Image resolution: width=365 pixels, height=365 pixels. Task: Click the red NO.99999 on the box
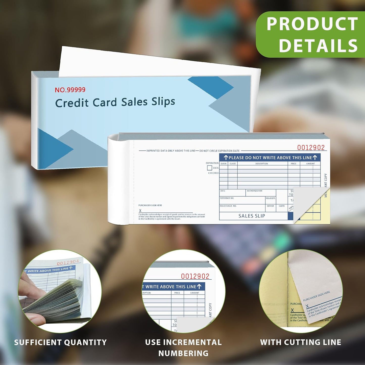[x=70, y=90]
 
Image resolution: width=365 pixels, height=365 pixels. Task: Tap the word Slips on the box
[x=163, y=102]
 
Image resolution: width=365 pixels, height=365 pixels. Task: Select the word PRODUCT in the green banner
[x=312, y=24]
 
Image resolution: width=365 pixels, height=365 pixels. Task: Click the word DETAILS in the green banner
[x=318, y=46]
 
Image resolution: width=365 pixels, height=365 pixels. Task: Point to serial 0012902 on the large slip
[x=311, y=148]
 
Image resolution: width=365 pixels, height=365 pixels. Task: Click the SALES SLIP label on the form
[x=252, y=216]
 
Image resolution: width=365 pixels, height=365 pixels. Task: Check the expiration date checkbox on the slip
[x=209, y=168]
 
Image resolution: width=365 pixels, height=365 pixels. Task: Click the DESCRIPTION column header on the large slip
[x=261, y=164]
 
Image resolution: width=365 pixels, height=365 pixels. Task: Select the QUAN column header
[x=224, y=164]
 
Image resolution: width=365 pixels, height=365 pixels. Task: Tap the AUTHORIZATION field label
[x=254, y=191]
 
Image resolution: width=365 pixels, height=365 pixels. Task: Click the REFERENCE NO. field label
[x=227, y=198]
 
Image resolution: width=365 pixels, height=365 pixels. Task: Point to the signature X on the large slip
[x=140, y=211]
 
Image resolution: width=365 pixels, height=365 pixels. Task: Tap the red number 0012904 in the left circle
[x=68, y=263]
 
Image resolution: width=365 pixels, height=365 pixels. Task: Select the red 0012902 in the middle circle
[x=195, y=276]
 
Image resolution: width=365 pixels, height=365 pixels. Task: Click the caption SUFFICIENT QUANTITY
[x=60, y=343]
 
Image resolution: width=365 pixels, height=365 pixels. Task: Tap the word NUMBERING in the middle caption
[x=183, y=353]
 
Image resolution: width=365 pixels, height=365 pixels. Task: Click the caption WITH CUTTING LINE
[x=301, y=342]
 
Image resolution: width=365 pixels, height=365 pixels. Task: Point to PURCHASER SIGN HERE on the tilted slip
[x=317, y=296]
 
